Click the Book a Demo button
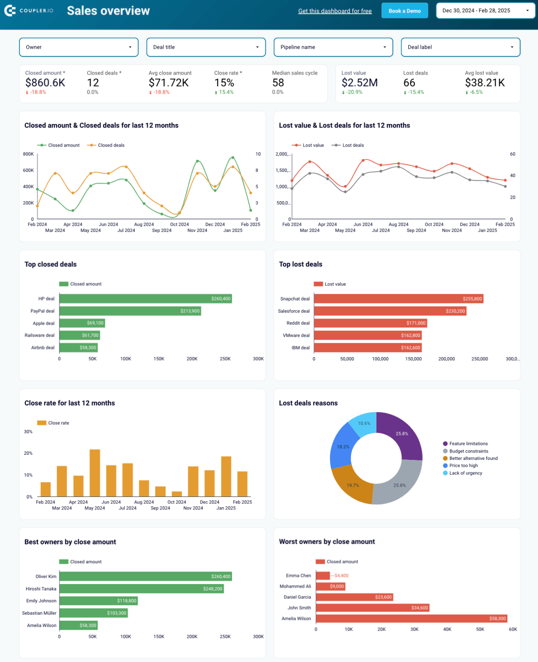404,11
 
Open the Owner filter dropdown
78,47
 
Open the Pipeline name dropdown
333,47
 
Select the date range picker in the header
485,11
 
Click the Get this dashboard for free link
335,11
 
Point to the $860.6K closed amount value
45,83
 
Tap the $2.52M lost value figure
360,83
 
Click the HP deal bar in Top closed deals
145,299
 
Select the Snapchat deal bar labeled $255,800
398,299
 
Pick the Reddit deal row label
298,323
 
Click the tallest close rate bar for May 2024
95,473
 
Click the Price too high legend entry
463,465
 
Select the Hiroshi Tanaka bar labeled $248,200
141,589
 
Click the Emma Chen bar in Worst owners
322,576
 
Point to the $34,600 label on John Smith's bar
419,608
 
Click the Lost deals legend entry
353,145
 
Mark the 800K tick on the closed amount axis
28,154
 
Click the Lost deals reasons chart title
308,403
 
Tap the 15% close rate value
224,83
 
